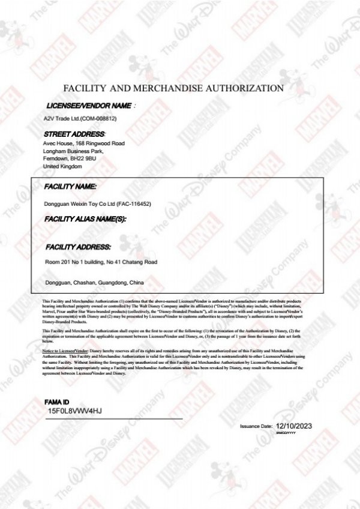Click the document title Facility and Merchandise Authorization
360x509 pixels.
[173, 88]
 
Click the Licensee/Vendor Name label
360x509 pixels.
[89, 106]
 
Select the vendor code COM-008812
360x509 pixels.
[100, 118]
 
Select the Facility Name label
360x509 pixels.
[70, 187]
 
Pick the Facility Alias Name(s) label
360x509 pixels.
[85, 220]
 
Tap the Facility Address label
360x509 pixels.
[77, 247]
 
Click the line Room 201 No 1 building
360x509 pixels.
[101, 262]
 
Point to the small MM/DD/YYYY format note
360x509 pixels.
[286, 432]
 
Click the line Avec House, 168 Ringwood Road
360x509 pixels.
[84, 144]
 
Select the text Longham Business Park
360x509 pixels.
[73, 151]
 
